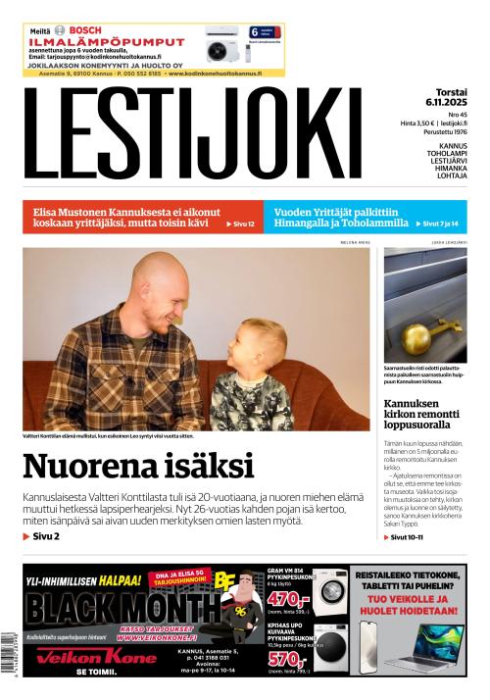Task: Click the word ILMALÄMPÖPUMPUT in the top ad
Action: (107, 42)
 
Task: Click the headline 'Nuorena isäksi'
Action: (137, 466)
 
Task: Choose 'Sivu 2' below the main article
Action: (42, 536)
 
